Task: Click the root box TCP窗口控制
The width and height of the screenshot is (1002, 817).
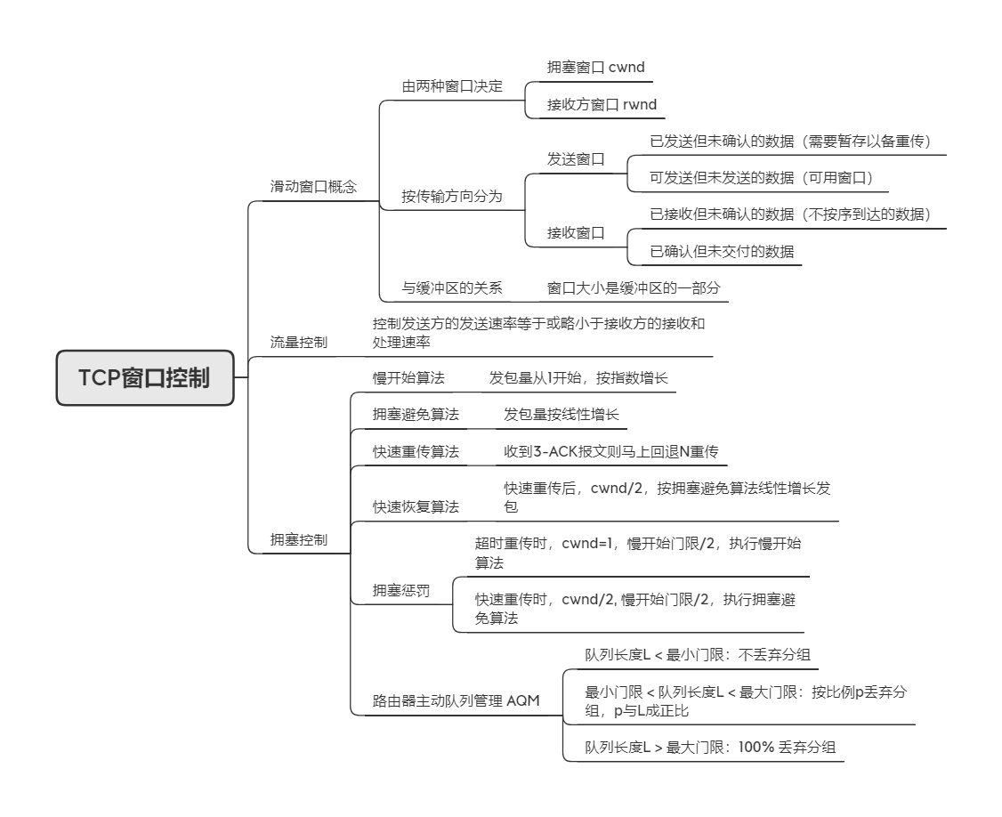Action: (x=145, y=377)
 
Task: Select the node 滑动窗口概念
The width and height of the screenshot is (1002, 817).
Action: (x=313, y=187)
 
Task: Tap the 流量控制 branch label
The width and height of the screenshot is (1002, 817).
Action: (x=298, y=342)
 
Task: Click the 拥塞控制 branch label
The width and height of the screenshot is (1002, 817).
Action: (x=298, y=539)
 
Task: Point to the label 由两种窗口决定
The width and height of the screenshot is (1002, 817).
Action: (x=452, y=86)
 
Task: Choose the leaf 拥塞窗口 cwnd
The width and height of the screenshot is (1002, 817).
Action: (x=595, y=67)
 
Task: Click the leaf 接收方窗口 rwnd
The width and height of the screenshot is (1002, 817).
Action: (x=602, y=104)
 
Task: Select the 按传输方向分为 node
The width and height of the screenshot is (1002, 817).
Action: (x=452, y=197)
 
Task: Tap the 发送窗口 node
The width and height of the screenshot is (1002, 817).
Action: (x=576, y=159)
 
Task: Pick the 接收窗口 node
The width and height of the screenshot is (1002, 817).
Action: (x=576, y=232)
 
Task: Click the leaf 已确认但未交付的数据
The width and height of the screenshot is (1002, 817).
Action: (x=722, y=251)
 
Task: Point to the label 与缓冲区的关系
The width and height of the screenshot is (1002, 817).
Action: (x=452, y=288)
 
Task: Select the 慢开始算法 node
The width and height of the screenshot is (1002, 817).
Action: (x=408, y=378)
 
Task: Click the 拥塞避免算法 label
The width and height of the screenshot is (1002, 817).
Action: (x=416, y=414)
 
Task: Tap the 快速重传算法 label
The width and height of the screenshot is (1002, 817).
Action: (x=416, y=451)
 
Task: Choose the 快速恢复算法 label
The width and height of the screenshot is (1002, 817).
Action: (x=416, y=507)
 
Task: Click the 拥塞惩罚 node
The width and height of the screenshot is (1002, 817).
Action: (x=401, y=590)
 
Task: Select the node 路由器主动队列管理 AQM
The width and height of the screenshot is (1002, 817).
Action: (x=456, y=700)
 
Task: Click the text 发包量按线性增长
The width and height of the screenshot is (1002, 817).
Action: (x=562, y=414)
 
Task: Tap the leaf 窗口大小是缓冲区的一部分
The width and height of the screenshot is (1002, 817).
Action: (x=634, y=288)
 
